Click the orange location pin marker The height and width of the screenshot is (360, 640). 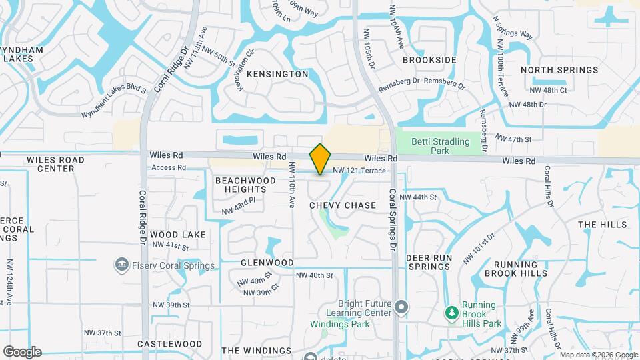coord(321,159)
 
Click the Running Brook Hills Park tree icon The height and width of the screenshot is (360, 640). coord(452,313)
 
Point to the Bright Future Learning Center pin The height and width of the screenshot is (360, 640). coord(401,308)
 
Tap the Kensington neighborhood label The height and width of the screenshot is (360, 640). coord(277,74)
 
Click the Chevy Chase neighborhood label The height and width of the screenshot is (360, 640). coord(343,205)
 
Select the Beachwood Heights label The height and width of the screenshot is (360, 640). coord(245,185)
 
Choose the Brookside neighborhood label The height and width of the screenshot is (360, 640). coord(430,60)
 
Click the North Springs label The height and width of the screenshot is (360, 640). coord(559,70)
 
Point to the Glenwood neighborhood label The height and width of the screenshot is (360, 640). coord(267,263)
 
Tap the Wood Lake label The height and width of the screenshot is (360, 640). coord(177,235)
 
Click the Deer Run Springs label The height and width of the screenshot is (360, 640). coord(430,262)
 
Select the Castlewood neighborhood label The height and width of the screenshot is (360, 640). coord(169,344)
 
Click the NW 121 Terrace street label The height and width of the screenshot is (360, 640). coord(359,171)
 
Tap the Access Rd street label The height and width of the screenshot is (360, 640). coord(168,167)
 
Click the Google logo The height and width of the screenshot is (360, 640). coord(22,351)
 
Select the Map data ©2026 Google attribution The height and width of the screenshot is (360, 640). coord(598,355)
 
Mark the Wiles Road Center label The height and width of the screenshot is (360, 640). coord(55,164)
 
